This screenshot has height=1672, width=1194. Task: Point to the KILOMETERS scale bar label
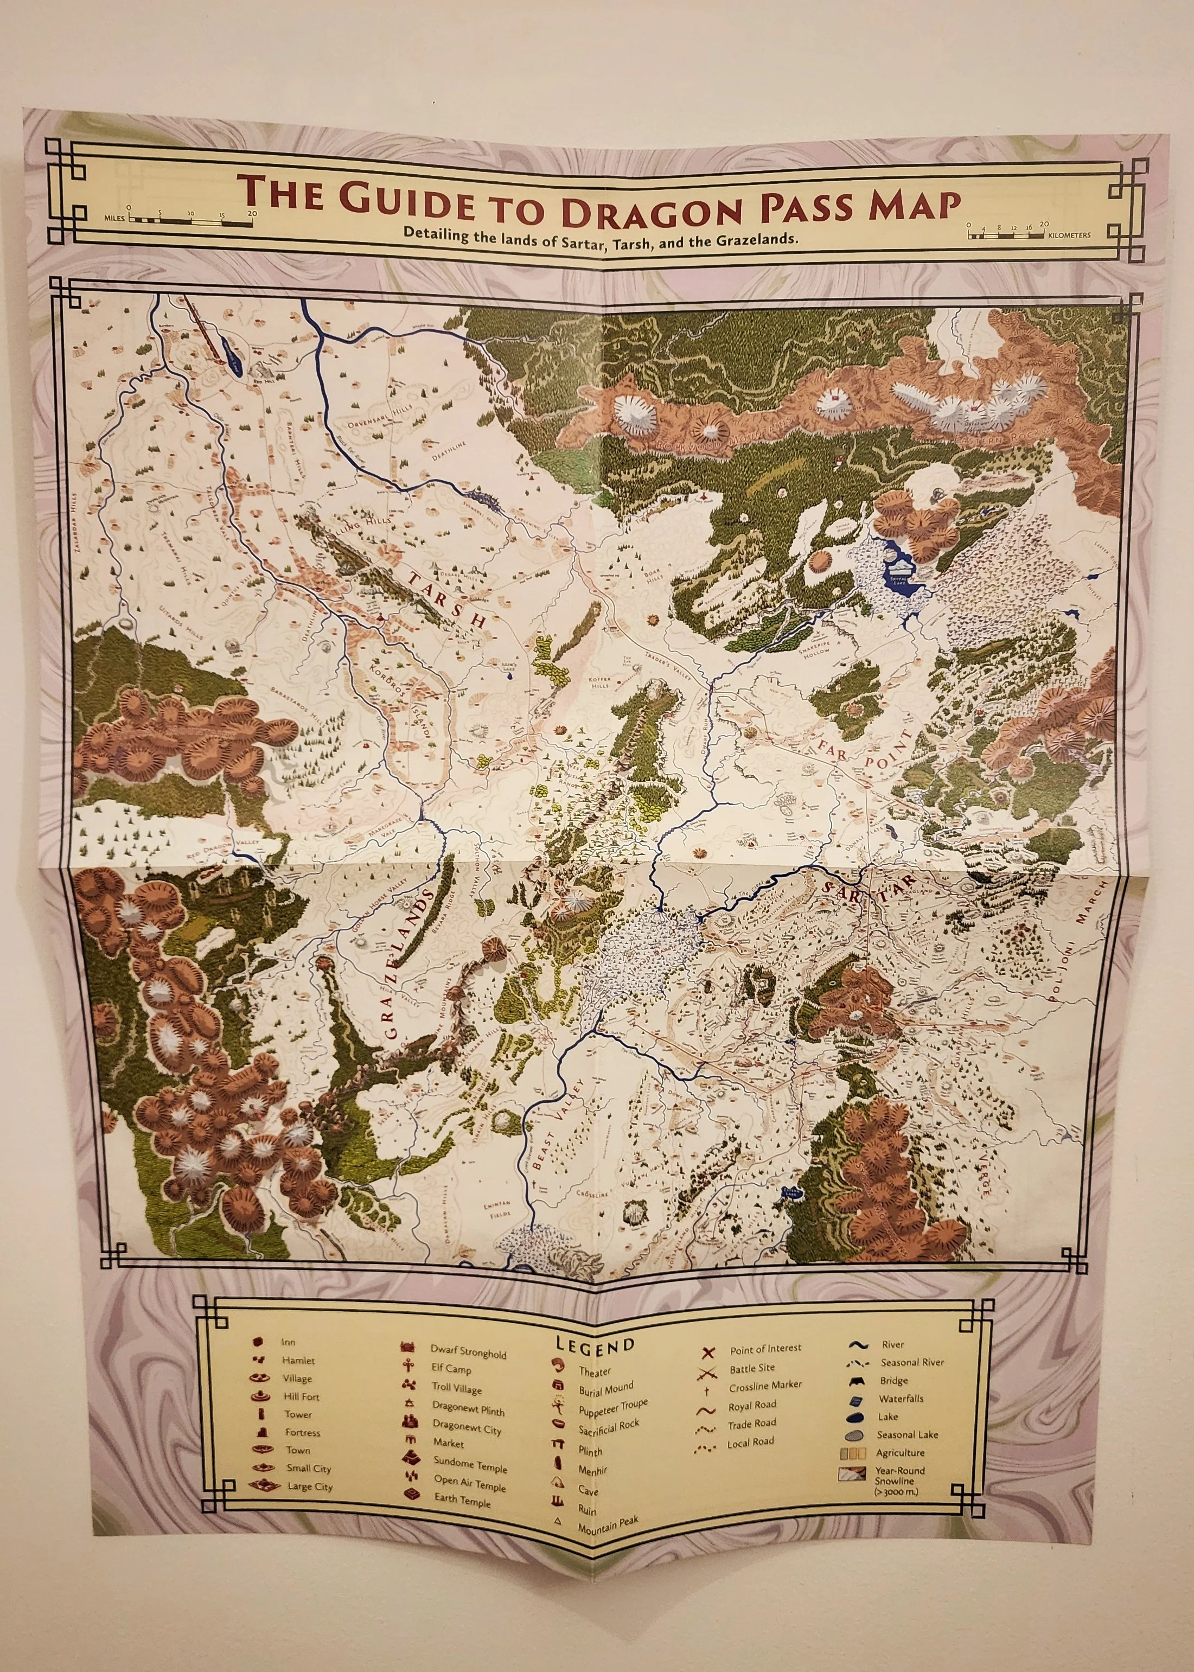(1069, 235)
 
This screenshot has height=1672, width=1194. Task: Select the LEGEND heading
(594, 1345)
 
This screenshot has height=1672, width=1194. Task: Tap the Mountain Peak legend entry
(607, 1522)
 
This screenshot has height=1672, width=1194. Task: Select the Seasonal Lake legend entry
(906, 1434)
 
